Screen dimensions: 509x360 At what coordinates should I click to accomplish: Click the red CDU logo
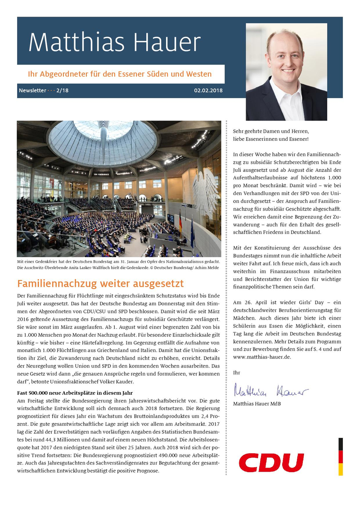click(271, 462)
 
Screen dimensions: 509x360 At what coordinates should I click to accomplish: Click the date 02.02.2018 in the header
click(208, 90)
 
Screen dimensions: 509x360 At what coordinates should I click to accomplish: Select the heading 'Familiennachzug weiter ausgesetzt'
click(100, 284)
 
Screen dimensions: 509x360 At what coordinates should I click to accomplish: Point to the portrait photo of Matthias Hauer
click(287, 72)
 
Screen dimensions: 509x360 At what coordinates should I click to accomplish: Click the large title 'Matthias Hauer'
click(114, 43)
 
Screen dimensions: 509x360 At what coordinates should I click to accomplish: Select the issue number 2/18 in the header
click(62, 90)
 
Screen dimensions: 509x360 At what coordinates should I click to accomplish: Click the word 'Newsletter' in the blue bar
click(32, 90)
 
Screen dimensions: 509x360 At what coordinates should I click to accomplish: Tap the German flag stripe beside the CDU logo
click(341, 457)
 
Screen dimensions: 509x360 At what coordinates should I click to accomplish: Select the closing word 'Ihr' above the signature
click(236, 372)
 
